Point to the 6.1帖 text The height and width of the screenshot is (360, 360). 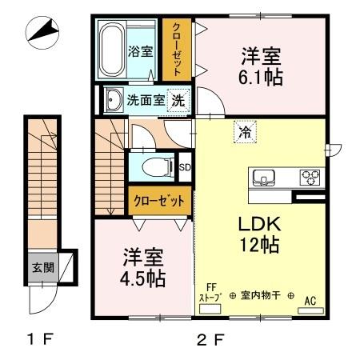tap(261, 78)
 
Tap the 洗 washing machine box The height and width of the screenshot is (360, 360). tap(181, 101)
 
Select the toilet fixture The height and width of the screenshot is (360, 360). tap(157, 167)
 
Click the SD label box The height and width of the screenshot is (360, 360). tap(184, 167)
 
